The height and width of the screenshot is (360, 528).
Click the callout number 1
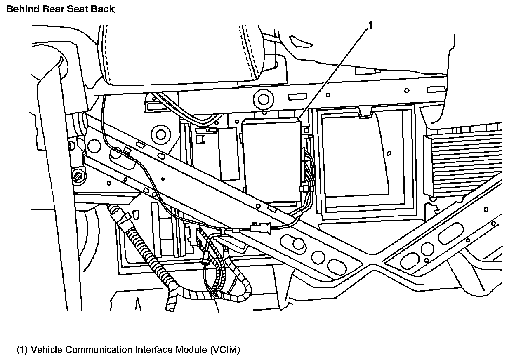[370, 26]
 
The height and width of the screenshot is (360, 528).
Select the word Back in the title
[104, 9]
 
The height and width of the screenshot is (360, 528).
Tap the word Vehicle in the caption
[47, 350]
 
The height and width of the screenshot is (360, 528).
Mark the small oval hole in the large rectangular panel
[389, 153]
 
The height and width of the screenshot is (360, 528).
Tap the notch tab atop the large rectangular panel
[366, 112]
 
